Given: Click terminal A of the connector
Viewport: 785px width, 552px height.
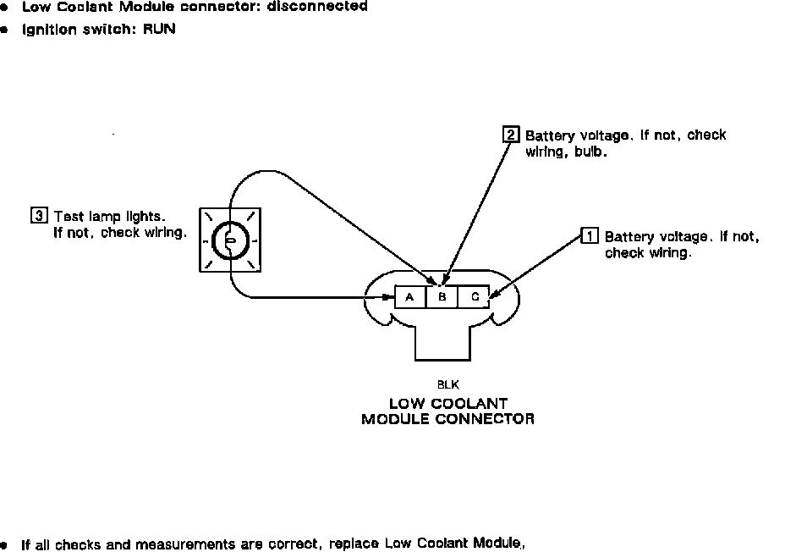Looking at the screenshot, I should pos(410,297).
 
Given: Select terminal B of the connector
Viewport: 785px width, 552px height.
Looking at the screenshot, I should pos(442,297).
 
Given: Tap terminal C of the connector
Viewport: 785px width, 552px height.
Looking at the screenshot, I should pos(475,297).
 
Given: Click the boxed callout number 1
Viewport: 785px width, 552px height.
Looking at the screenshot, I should pos(590,236).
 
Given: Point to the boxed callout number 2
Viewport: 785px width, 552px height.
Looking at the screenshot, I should pos(511,135).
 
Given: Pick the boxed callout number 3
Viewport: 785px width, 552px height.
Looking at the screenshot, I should pos(39,215).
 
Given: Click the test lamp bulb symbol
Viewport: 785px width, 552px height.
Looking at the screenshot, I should pos(228,240).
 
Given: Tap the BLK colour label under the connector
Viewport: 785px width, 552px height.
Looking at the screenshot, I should pos(448,384).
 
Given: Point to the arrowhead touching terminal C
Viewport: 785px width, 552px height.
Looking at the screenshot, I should pos(495,293).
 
